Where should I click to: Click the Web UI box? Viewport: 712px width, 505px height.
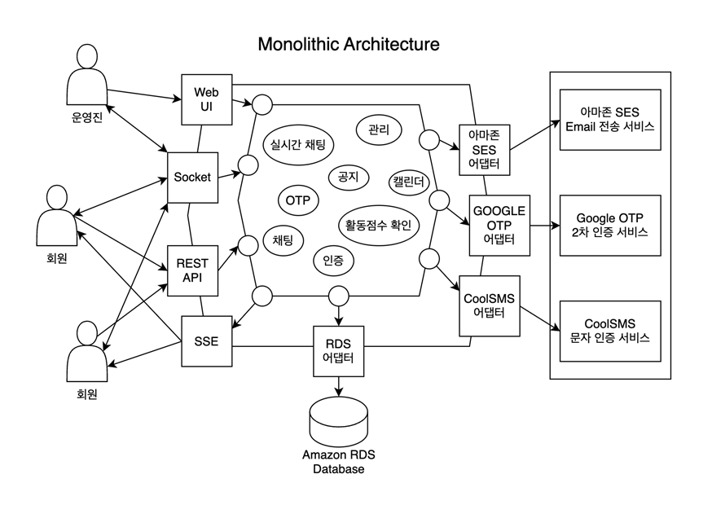point(207,99)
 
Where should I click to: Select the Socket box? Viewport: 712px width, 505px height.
point(192,177)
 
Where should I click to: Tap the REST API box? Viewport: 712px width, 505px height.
point(192,270)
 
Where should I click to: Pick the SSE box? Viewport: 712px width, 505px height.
point(206,340)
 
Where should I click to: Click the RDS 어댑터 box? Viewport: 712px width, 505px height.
point(338,350)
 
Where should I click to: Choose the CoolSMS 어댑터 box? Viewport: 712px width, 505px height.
point(490,305)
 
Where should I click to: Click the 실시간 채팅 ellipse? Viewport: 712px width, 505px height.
point(298,145)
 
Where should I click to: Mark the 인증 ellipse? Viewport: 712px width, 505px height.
point(332,261)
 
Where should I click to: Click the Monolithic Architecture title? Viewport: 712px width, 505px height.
point(348,44)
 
